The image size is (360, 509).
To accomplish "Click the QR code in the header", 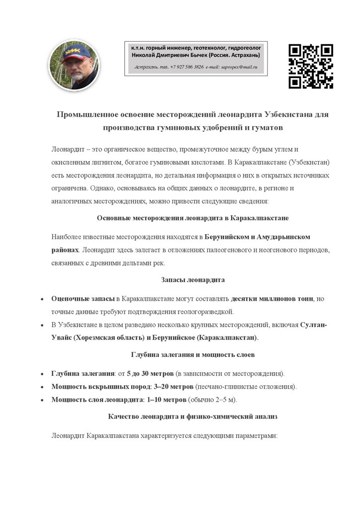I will (x=311, y=66).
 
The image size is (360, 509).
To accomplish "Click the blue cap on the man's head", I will (x=76, y=52).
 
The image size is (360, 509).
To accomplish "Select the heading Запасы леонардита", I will (x=193, y=280).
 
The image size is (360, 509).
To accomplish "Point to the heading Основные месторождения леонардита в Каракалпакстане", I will (x=193, y=218).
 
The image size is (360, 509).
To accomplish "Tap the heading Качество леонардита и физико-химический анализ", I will (x=193, y=416).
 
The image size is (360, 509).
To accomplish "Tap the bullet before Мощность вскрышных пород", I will (x=41, y=386).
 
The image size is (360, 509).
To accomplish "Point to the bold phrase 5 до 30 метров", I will (x=150, y=373).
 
